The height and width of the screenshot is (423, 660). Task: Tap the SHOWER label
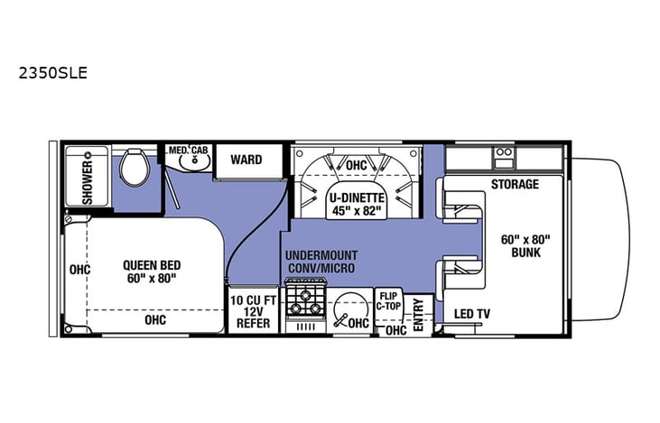coord(88,182)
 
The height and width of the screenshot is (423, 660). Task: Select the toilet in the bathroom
coord(136,167)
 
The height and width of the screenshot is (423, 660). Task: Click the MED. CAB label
coord(188,150)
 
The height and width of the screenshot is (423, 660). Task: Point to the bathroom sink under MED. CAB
coord(191,163)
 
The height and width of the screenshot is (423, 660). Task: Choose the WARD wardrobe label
coord(246,161)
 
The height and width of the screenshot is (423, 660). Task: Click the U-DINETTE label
coord(356,198)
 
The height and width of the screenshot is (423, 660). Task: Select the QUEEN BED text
coord(152,265)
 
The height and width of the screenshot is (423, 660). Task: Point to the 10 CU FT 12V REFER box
coord(252,311)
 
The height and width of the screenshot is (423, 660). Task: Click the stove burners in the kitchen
coord(304,307)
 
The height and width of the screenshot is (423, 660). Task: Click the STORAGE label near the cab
coord(515,185)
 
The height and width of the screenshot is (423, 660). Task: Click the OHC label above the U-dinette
coord(356,165)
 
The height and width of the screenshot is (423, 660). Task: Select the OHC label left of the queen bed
coord(80,269)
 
